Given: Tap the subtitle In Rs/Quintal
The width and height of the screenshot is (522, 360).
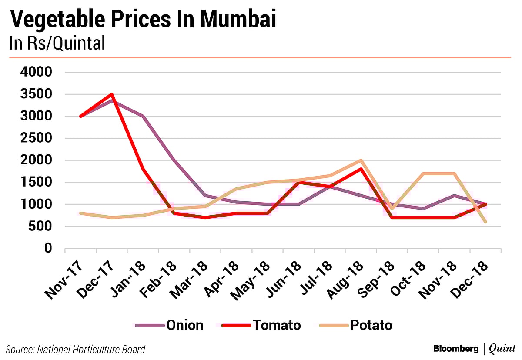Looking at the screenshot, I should point(57,43).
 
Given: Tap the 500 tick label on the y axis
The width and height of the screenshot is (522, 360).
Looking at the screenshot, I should point(42,226).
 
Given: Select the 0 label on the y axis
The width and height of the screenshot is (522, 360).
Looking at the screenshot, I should point(48,248).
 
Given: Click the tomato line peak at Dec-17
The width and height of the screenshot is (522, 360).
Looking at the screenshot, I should point(112,94).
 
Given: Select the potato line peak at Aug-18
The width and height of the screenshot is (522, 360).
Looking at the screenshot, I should point(361,160).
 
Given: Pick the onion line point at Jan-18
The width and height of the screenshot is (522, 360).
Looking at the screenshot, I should point(143,116).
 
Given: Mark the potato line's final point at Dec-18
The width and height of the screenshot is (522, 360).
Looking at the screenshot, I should point(485,222).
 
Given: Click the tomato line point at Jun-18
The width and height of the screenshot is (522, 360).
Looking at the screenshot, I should point(298,182).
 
